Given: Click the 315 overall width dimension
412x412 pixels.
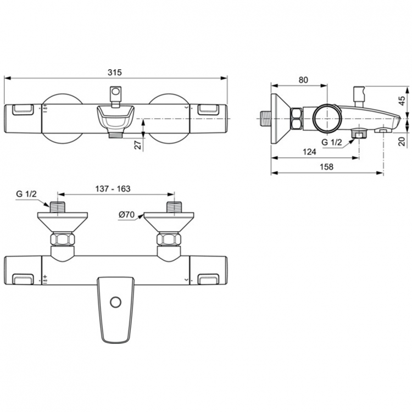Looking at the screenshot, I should coord(114,72).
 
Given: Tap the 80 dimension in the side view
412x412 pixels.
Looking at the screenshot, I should coord(303,79).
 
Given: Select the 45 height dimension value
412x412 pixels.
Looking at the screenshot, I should coord(402,101).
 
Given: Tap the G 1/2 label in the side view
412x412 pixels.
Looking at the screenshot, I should coord(332,142).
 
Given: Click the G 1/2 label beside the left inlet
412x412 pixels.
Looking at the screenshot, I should coord(26,193).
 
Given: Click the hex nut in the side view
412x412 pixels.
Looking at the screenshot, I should coord(297,118).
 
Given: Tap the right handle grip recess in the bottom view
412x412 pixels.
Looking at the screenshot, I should coord(208,280).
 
